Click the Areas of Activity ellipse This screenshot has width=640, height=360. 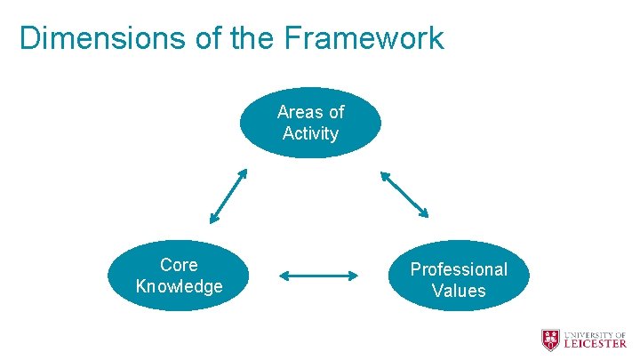(x=310, y=123)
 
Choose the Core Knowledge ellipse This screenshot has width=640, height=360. (x=179, y=276)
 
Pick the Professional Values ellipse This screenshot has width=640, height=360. (x=459, y=276)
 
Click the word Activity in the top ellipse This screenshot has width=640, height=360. (x=310, y=134)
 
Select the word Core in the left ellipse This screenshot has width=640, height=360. (x=179, y=265)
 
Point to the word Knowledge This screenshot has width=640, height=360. (x=179, y=286)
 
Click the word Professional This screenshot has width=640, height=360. (x=459, y=269)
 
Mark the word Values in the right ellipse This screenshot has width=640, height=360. (x=459, y=291)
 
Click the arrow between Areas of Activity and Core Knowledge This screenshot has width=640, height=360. (x=228, y=196)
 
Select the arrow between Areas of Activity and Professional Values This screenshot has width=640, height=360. (x=404, y=194)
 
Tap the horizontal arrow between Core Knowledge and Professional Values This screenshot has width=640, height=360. (x=318, y=276)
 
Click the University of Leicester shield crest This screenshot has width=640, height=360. (x=551, y=340)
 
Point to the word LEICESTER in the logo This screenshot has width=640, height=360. (x=595, y=345)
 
